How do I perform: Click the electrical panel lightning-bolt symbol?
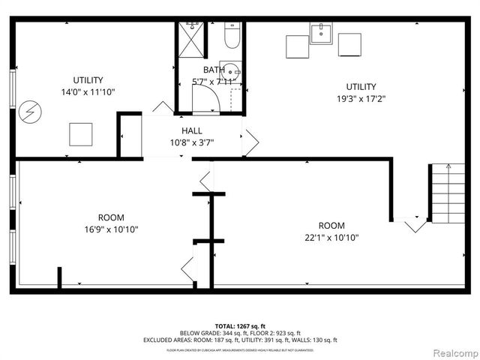[31, 112]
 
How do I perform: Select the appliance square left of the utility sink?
[297, 46]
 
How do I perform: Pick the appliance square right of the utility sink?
[349, 45]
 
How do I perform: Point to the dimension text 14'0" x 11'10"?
[88, 92]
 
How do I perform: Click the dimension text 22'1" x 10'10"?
[331, 238]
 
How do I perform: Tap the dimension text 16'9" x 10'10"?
[111, 229]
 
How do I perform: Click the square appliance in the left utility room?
[80, 134]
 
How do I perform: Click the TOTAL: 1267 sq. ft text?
[240, 326]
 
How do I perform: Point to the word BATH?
[213, 70]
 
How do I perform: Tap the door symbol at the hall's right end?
[250, 140]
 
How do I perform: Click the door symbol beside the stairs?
[415, 223]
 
